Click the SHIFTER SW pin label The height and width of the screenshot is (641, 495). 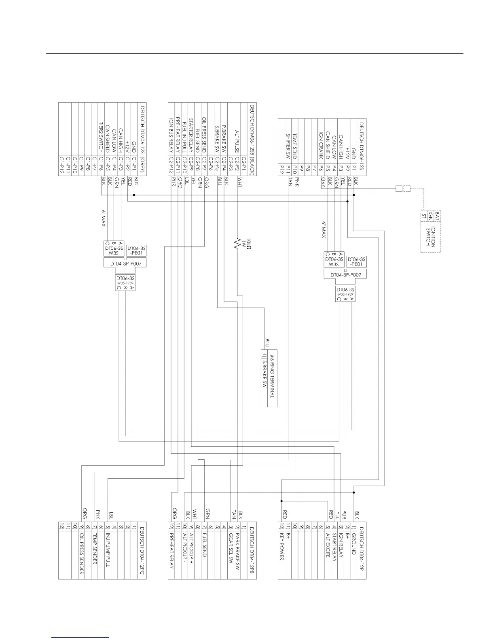[288, 146]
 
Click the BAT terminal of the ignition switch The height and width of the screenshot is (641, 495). [438, 216]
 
